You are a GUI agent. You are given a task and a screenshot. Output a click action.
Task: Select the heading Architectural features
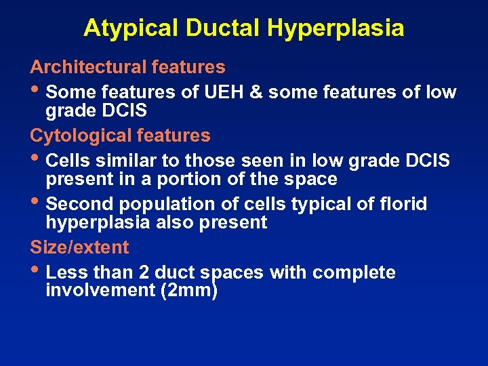tap(127, 67)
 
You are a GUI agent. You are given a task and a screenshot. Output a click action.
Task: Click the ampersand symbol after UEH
tap(256, 91)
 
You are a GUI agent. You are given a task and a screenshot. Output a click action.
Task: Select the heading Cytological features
tap(120, 136)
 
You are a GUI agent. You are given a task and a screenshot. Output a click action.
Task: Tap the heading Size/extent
tap(79, 247)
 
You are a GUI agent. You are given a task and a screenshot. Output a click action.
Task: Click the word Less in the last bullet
tap(64, 272)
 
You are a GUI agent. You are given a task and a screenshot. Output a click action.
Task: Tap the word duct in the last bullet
tap(175, 272)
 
